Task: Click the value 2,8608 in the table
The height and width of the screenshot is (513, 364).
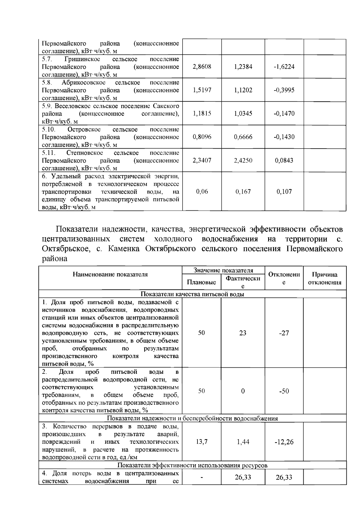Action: [202, 67]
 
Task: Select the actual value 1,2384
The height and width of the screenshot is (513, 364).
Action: [243, 67]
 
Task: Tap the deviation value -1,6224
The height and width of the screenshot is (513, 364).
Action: [284, 67]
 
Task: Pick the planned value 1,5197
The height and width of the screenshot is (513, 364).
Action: [202, 90]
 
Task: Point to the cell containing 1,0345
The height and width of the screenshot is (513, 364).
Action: [243, 113]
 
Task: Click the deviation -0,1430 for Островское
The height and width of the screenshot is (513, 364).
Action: [284, 137]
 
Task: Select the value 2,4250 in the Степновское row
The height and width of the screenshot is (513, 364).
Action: [243, 160]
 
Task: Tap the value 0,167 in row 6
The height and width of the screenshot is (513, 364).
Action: [243, 191]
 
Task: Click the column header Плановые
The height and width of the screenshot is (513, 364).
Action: [201, 282]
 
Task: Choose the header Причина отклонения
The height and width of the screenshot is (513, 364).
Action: [325, 278]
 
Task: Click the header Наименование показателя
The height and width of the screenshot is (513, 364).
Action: [110, 275]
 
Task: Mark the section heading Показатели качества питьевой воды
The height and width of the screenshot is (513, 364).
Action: [192, 294]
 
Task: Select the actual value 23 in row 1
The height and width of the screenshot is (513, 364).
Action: [243, 333]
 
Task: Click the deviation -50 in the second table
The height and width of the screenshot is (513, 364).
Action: [284, 391]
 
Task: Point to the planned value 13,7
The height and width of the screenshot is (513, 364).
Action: [202, 442]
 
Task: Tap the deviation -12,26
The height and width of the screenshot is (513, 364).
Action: [284, 442]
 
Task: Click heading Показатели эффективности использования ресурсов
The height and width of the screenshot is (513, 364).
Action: [192, 465]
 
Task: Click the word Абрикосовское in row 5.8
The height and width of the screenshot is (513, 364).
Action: [83, 83]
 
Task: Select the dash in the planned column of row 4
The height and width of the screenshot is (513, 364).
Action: [202, 478]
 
